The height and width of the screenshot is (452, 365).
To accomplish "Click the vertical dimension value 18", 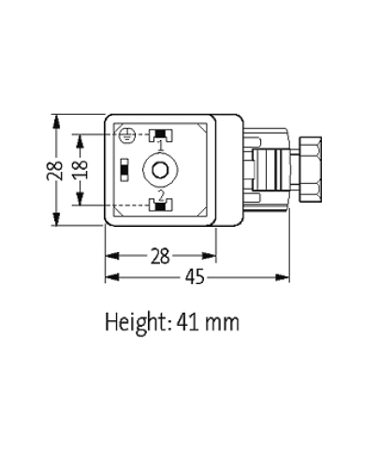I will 82,169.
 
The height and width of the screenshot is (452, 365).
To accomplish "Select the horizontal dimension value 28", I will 160,254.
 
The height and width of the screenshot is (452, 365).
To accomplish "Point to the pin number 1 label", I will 161,146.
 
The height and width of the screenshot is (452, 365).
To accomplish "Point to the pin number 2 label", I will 161,194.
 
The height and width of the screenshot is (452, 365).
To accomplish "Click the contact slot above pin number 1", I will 161,134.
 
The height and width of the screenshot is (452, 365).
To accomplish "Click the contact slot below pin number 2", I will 161,205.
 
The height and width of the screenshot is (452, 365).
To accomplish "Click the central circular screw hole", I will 161,170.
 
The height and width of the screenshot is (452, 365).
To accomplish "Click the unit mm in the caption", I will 228,324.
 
